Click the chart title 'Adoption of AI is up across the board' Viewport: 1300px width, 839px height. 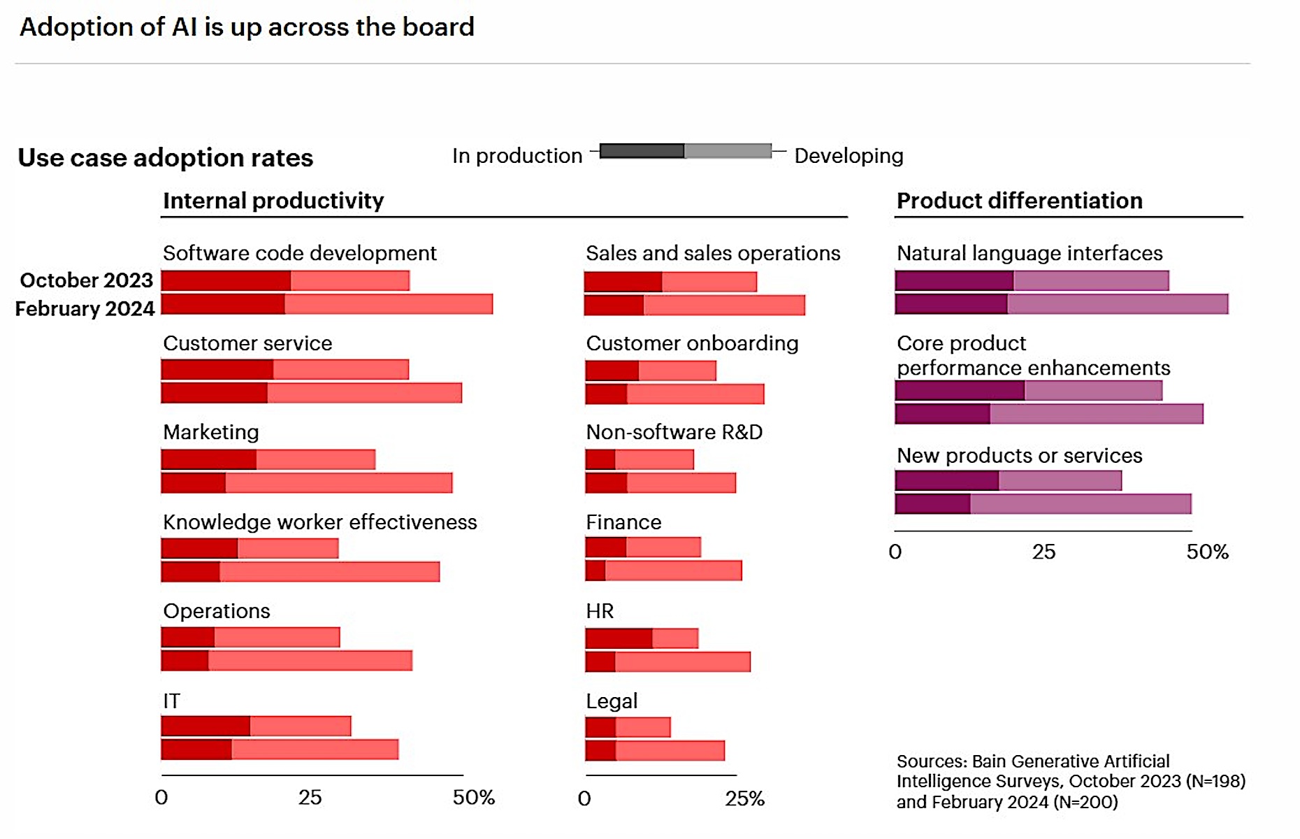(247, 27)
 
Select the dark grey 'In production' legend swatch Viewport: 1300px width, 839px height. (642, 151)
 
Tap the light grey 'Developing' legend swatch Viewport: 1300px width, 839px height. (728, 151)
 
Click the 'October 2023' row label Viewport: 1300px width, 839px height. (86, 280)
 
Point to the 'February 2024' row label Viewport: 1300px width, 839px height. (85, 309)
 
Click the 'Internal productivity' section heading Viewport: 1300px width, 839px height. (273, 201)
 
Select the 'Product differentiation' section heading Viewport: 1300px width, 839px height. (1019, 201)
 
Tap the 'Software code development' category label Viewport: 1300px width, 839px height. (299, 253)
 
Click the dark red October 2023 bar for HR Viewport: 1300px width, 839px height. (619, 638)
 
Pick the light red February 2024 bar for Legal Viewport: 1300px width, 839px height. (670, 751)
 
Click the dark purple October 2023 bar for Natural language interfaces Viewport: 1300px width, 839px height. (954, 281)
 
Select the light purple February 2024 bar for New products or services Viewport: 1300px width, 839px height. (1081, 504)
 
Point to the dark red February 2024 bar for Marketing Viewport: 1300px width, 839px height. (194, 483)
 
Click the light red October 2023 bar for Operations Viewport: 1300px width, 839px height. (277, 638)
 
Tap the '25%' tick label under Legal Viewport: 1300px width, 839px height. (744, 798)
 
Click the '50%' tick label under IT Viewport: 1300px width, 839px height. (473, 798)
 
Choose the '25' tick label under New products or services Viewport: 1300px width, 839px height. (1043, 552)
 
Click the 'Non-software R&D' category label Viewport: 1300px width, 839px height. (674, 432)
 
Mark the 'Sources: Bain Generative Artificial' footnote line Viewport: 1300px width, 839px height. (1032, 761)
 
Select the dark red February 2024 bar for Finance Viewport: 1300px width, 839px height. (595, 571)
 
